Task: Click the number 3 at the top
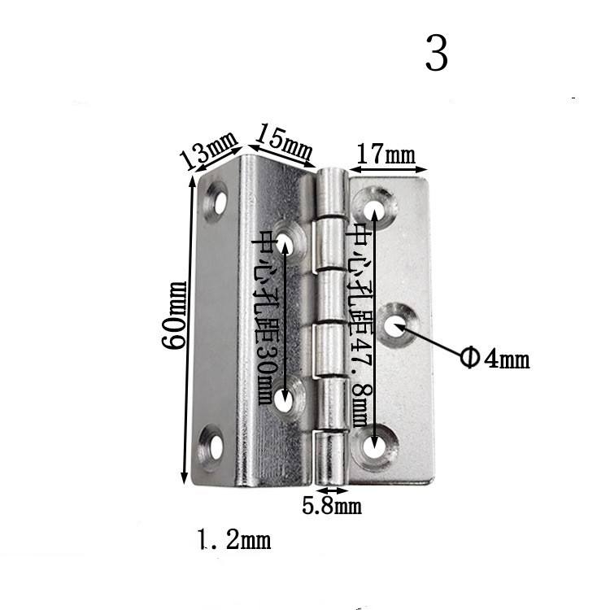[x=436, y=54]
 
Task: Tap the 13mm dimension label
[x=208, y=150]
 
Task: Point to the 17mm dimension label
[x=386, y=154]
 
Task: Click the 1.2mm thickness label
[x=233, y=538]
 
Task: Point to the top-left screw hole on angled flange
[x=217, y=198]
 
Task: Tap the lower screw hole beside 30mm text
[x=284, y=399]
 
